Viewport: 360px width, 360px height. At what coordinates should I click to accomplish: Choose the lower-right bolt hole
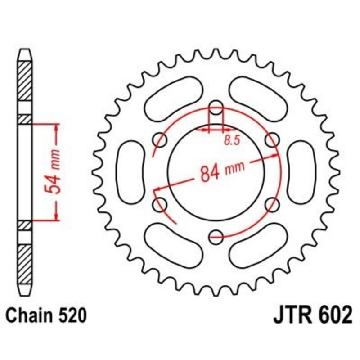[x=272, y=205]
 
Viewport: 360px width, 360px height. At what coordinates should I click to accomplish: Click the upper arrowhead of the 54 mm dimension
[x=57, y=127]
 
